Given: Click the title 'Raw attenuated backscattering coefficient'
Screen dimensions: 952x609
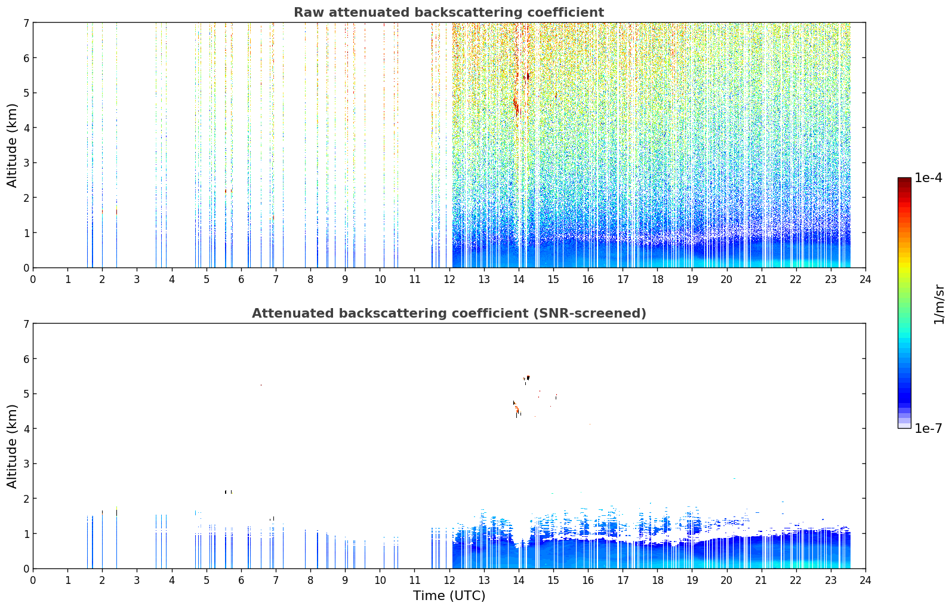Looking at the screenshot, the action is [449, 13].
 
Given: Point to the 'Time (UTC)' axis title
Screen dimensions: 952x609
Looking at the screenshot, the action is [449, 595].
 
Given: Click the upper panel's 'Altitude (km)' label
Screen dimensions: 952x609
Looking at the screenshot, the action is [12, 145].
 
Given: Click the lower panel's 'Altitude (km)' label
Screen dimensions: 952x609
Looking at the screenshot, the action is [12, 446].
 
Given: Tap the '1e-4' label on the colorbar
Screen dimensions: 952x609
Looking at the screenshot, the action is [928, 178].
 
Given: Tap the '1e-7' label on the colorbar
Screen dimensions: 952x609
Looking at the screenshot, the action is [928, 428].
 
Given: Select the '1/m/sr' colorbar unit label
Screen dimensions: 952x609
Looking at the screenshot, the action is [939, 304].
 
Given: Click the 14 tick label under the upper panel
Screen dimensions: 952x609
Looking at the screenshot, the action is [519, 279].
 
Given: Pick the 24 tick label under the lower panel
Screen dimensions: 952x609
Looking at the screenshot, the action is [865, 580].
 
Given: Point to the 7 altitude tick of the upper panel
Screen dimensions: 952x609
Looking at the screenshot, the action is [26, 23].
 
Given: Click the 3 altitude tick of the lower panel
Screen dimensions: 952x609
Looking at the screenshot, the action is [26, 463].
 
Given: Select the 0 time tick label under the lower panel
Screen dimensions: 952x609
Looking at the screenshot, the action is [33, 580].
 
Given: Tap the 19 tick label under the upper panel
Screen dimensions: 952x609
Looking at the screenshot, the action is [692, 279].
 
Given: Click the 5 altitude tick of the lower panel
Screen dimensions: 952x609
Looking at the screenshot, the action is [26, 394].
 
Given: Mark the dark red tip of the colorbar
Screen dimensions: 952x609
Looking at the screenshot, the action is [904, 179].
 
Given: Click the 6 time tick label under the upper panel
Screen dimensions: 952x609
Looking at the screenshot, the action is [241, 279].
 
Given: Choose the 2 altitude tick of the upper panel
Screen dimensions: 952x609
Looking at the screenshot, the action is [26, 198].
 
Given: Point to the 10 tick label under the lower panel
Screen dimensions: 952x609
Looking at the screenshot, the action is [380, 580].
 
